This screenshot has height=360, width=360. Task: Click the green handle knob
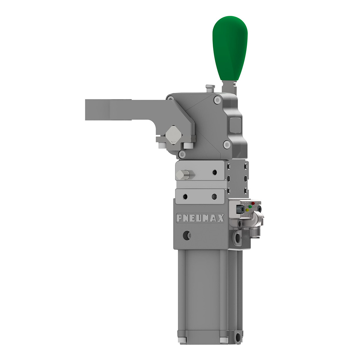tap(230, 47)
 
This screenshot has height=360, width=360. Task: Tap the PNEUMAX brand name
tap(200, 218)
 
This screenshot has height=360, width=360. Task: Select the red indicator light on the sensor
tap(253, 204)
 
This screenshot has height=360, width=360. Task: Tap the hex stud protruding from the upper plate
tap(183, 175)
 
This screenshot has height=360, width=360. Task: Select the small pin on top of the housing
tap(209, 88)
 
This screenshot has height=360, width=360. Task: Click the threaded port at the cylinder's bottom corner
tap(238, 338)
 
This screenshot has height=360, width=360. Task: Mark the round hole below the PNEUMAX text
tap(186, 236)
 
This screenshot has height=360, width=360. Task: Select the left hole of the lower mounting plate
tap(185, 197)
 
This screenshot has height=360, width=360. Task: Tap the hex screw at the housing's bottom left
tap(183, 154)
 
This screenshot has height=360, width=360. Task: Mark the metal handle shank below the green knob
tap(228, 87)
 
